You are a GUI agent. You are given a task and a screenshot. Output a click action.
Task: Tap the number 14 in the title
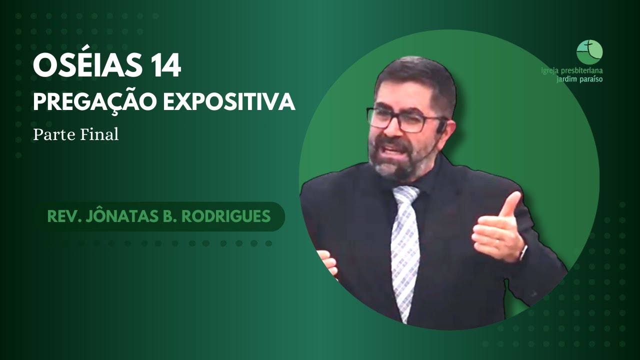point(163,67)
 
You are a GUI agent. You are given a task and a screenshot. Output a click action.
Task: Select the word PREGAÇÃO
point(93,102)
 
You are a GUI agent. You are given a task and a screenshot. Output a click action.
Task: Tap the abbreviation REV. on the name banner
point(60,216)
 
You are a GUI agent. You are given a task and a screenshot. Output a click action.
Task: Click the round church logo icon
point(589,52)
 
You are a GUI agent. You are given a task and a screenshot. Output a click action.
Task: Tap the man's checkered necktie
point(405,245)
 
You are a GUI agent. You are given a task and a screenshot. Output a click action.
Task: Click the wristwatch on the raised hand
point(522,251)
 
